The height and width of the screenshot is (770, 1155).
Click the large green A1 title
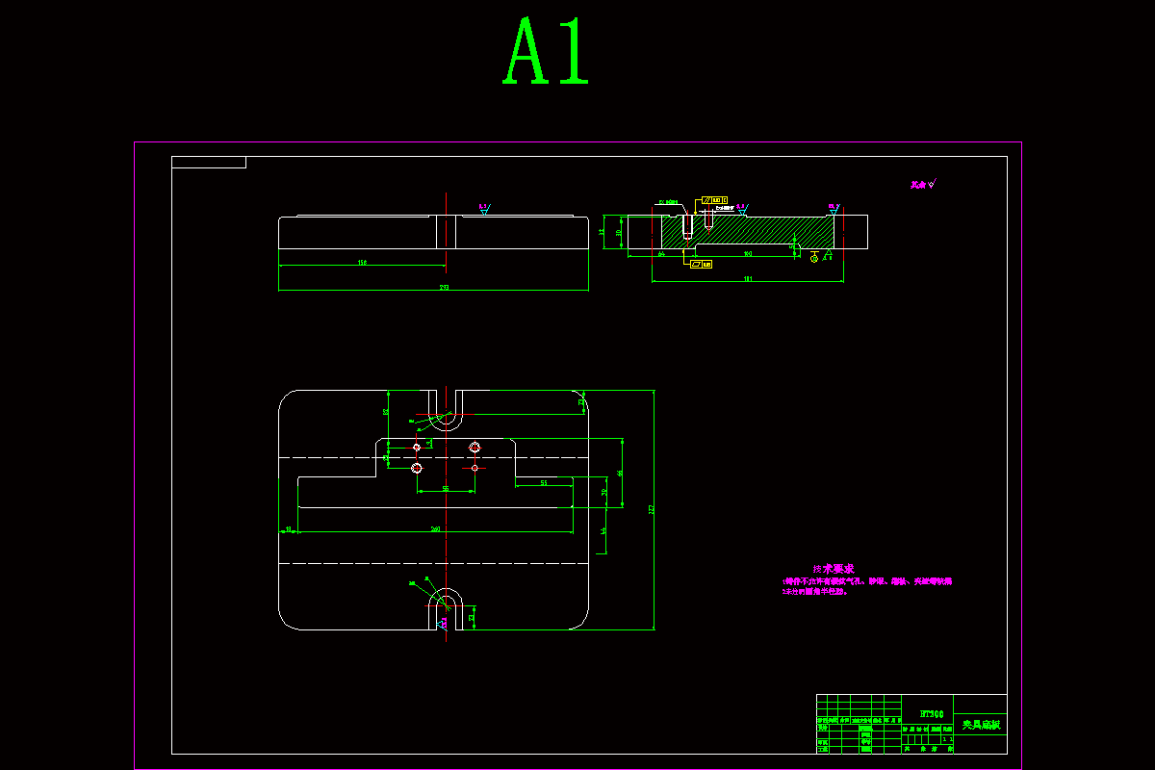pyautogui.click(x=546, y=53)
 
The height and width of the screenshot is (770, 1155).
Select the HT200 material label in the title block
pyautogui.click(x=931, y=713)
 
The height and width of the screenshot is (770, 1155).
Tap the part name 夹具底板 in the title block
pyautogui.click(x=980, y=723)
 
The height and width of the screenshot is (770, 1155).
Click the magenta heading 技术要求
pyautogui.click(x=834, y=569)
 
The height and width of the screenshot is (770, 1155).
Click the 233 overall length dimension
pyautogui.click(x=444, y=287)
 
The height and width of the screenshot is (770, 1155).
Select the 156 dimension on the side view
pyautogui.click(x=362, y=262)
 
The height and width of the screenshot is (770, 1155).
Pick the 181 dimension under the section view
pyautogui.click(x=748, y=279)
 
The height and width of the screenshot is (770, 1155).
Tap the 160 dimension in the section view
pyautogui.click(x=748, y=254)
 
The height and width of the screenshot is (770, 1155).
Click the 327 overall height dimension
pyautogui.click(x=652, y=509)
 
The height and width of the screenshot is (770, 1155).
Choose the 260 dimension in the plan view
pyautogui.click(x=435, y=528)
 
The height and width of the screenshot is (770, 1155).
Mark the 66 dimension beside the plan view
pyautogui.click(x=621, y=473)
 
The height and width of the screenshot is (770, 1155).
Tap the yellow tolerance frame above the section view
pyautogui.click(x=713, y=200)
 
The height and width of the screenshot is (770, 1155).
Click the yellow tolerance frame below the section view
pyautogui.click(x=701, y=263)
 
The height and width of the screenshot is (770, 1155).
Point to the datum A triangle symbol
pyautogui.click(x=827, y=255)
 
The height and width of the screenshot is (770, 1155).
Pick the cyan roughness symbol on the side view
pyautogui.click(x=483, y=208)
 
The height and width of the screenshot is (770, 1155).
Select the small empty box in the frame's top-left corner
pyautogui.click(x=209, y=162)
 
